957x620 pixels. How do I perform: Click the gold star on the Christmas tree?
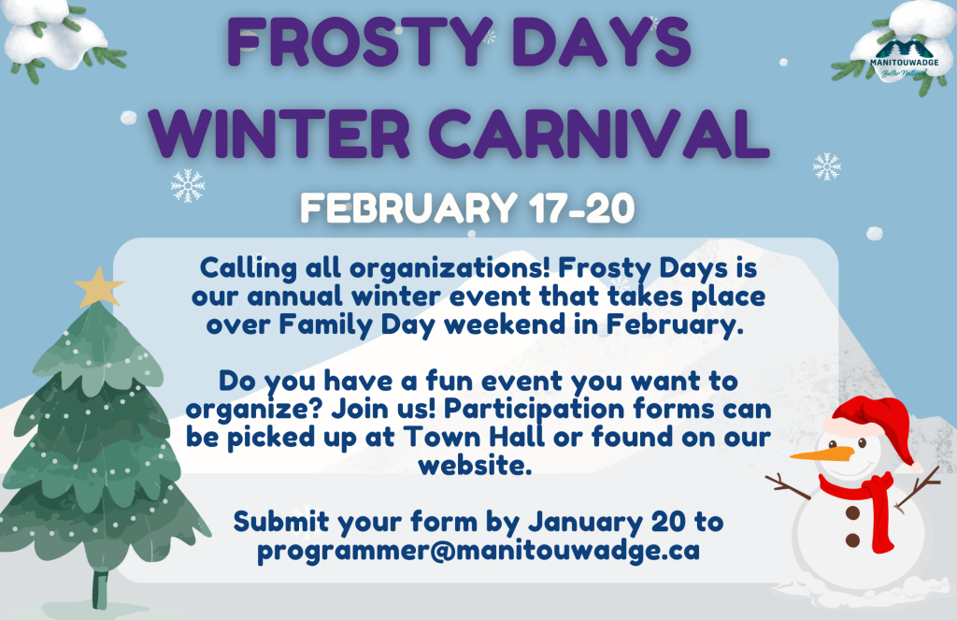99,287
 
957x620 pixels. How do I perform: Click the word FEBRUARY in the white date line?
409,209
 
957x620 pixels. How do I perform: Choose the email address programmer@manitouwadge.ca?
478,551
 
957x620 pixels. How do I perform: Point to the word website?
475,465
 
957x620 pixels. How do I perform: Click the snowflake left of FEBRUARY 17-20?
188,185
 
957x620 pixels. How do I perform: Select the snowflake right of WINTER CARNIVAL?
827,166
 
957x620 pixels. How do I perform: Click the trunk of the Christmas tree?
100,588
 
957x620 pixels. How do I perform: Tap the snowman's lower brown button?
852,540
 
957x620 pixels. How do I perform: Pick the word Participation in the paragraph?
534,409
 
